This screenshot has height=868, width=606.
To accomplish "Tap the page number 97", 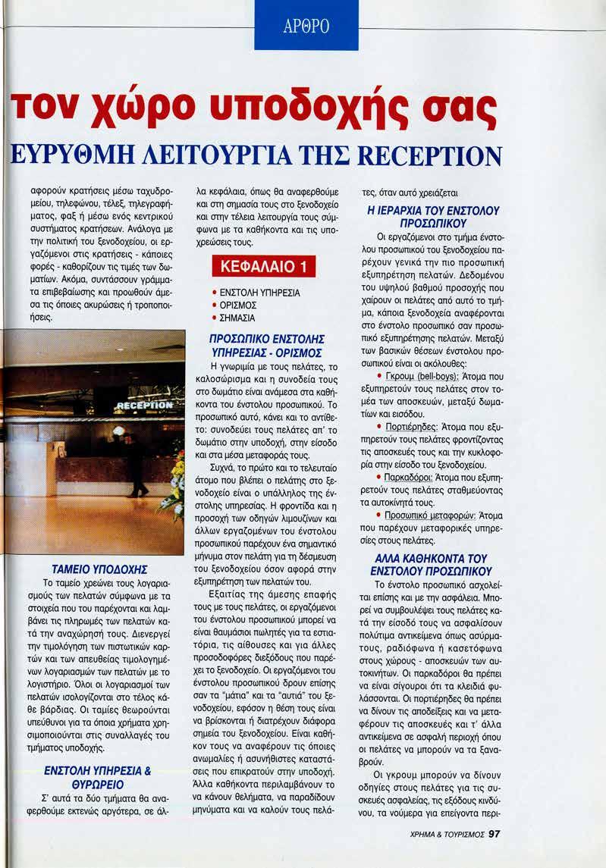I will coord(495,833).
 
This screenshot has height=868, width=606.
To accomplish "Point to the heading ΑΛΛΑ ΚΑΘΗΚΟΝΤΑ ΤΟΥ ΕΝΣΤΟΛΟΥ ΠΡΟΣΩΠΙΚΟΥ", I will coord(430,565).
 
